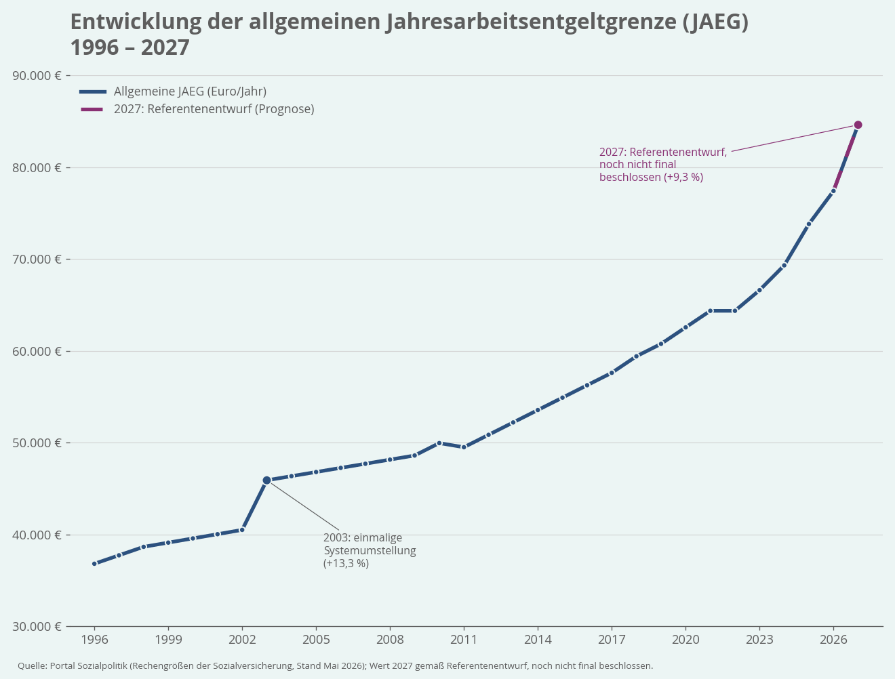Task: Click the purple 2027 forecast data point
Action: point(858,125)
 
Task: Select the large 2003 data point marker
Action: point(266,480)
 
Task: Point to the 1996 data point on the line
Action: point(94,564)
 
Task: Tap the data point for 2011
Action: point(464,447)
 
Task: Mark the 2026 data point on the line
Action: point(833,190)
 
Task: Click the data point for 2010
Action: point(439,443)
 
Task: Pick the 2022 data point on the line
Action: point(735,311)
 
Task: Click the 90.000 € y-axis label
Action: point(37,76)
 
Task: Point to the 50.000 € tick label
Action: point(37,443)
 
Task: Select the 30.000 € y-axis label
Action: point(37,626)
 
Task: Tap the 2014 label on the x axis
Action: point(538,640)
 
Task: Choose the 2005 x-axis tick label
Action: point(316,640)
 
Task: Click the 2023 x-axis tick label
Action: point(759,640)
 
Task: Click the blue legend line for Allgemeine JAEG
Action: point(93,91)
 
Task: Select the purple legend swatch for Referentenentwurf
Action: point(92,109)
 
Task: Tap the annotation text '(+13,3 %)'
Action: point(346,563)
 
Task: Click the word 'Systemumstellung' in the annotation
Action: point(370,551)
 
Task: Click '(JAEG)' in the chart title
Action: point(715,22)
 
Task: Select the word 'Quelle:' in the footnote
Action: point(33,666)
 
